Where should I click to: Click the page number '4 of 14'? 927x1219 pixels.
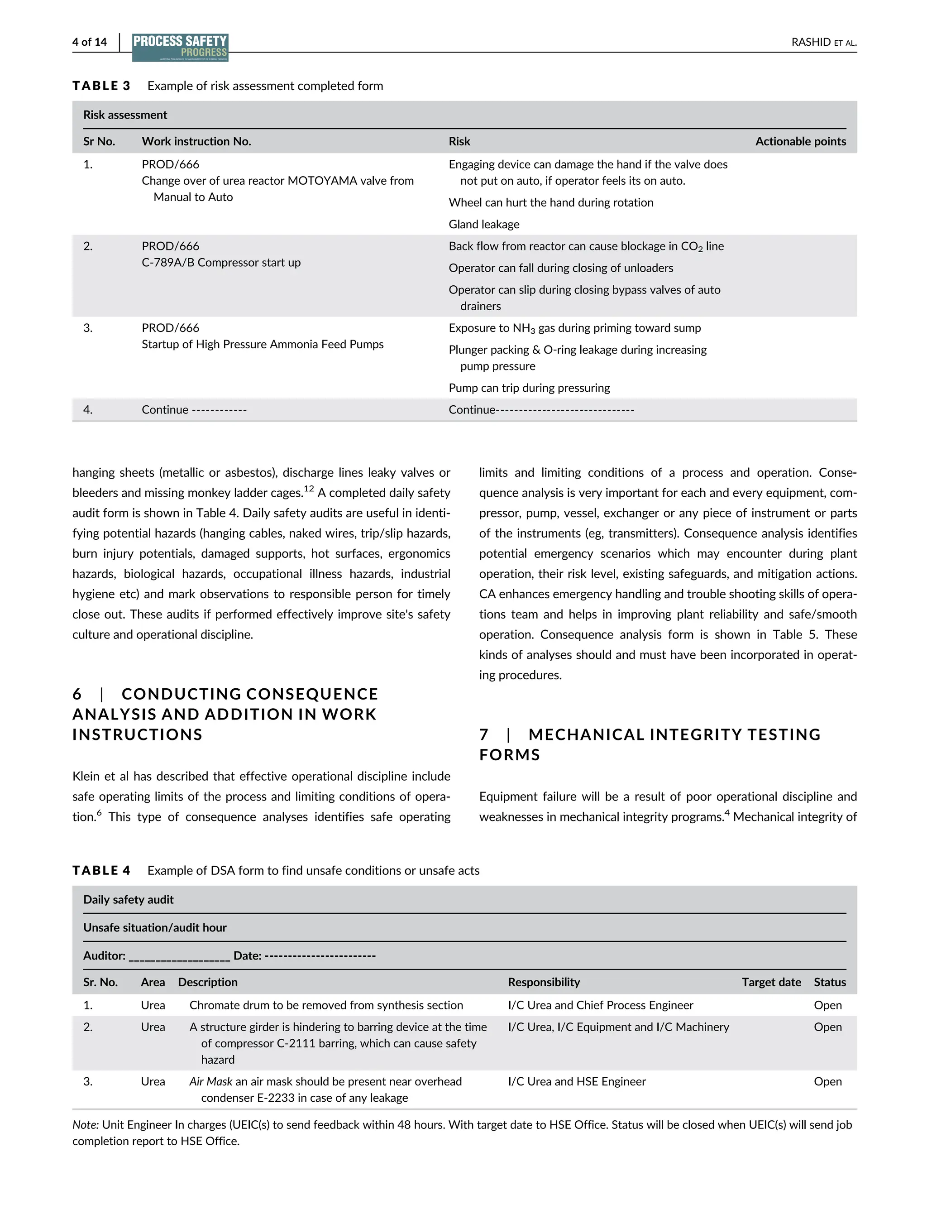click(89, 42)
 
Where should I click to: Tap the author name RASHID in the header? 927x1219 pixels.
click(811, 42)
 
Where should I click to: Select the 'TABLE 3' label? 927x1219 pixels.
click(101, 86)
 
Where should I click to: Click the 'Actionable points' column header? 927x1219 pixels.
click(800, 141)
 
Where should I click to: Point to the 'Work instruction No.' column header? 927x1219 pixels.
click(196, 141)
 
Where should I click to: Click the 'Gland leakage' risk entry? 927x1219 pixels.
click(484, 224)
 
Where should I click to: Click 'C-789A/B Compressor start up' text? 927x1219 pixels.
click(221, 262)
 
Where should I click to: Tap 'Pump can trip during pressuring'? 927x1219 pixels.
click(529, 388)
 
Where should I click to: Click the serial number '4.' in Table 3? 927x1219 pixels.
click(88, 410)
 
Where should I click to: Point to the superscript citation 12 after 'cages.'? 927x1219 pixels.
click(308, 489)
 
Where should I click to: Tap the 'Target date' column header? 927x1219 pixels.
click(771, 982)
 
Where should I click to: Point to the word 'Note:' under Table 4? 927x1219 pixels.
click(86, 1125)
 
